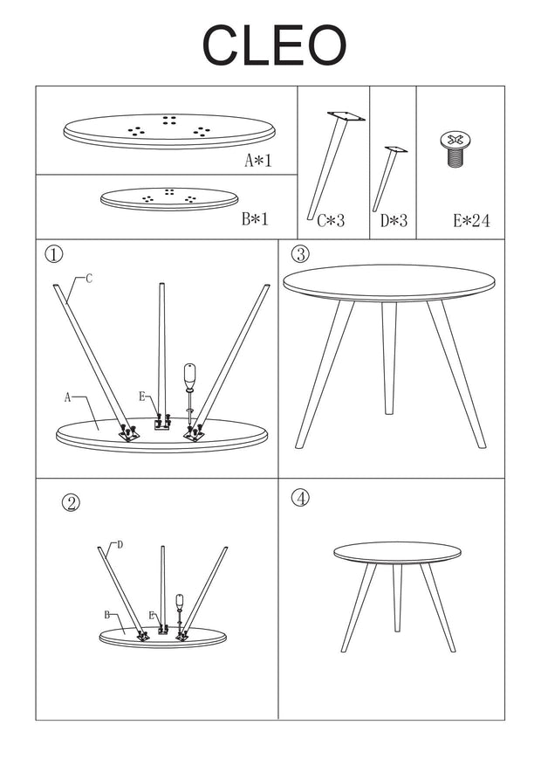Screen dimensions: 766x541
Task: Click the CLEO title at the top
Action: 274,46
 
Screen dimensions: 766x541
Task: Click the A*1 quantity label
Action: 258,161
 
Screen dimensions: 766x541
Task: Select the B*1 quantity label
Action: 256,220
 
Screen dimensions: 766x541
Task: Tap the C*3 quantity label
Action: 330,222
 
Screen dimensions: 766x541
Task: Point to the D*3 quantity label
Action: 394,222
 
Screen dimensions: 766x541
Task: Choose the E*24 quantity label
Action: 470,222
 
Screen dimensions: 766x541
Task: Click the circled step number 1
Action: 54,254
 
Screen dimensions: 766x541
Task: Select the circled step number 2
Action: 72,502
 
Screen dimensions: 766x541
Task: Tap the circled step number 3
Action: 299,254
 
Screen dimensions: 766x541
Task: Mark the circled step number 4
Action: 299,498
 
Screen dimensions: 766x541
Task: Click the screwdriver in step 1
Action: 191,385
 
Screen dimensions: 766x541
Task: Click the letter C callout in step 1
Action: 89,279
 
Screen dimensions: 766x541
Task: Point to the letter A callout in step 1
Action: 66,397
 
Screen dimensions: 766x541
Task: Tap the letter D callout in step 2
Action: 120,544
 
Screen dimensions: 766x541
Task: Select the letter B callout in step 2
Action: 106,615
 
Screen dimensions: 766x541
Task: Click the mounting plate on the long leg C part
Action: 346,116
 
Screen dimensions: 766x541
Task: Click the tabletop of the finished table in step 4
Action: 397,553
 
